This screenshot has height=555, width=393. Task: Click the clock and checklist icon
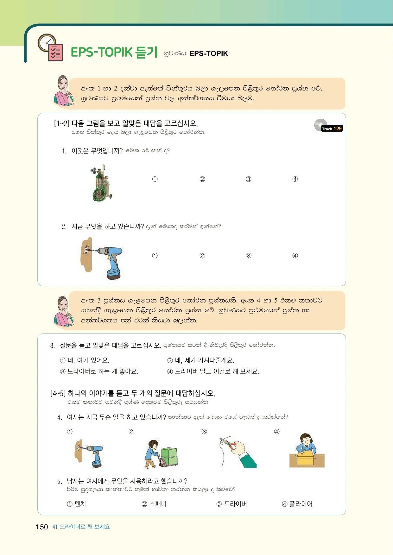point(50,47)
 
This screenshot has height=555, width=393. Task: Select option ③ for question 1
point(249,179)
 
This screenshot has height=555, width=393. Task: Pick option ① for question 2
point(155,256)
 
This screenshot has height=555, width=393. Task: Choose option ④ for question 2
point(295,256)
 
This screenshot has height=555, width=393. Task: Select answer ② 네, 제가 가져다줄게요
point(201,360)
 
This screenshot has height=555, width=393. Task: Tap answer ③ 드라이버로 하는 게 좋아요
point(99,371)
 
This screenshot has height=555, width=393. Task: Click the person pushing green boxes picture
point(161,454)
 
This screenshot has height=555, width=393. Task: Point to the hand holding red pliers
point(238,451)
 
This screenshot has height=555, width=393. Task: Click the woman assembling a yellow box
point(307,451)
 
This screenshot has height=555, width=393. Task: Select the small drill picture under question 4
point(89,453)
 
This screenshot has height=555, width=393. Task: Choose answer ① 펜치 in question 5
point(77,504)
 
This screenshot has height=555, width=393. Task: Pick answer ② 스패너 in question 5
point(154,504)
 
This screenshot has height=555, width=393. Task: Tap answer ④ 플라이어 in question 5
point(297,504)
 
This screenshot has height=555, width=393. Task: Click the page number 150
point(42,527)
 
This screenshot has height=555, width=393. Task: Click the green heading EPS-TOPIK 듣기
point(114,52)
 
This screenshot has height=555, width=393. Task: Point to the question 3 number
point(52,346)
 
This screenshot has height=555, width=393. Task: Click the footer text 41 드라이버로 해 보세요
point(81,527)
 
